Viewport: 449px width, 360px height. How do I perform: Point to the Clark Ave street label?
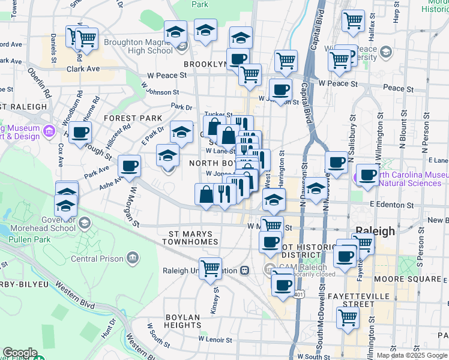(83, 69)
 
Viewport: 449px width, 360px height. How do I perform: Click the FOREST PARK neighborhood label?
(133, 118)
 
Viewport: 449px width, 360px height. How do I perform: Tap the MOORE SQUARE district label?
(409, 280)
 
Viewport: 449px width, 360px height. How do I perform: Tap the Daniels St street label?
(53, 49)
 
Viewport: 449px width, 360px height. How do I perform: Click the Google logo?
(19, 353)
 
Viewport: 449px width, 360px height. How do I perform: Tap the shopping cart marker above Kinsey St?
(210, 268)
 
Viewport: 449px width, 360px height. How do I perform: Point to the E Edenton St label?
(392, 205)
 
